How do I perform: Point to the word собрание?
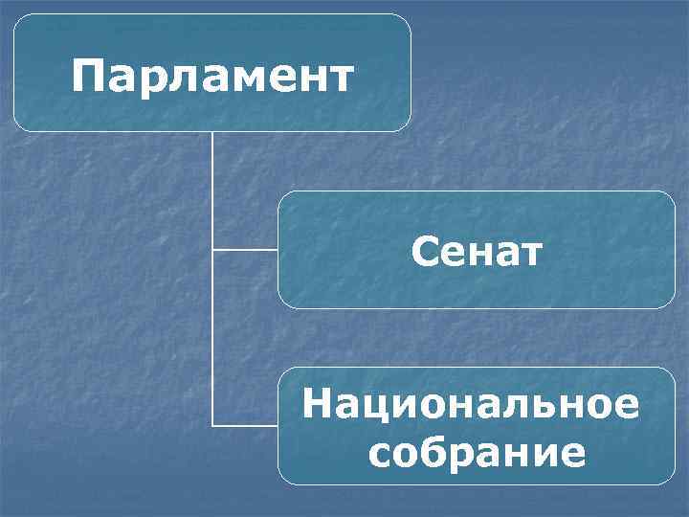click(476, 451)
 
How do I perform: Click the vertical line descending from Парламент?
click(212, 191)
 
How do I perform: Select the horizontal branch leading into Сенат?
click(245, 250)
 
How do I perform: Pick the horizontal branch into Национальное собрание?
click(245, 424)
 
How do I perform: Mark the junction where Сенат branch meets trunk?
click(212, 250)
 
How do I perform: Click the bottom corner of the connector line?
click(212, 424)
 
